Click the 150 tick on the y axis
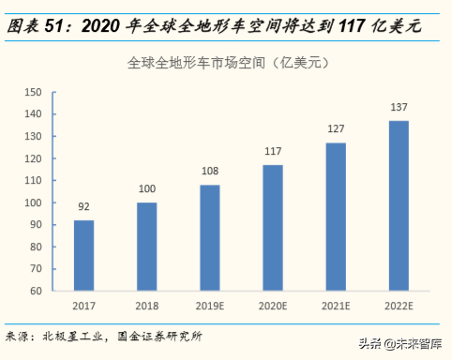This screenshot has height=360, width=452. [34, 92]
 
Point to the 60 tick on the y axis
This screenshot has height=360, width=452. [37, 291]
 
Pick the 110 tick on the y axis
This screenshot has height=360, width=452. [34, 180]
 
